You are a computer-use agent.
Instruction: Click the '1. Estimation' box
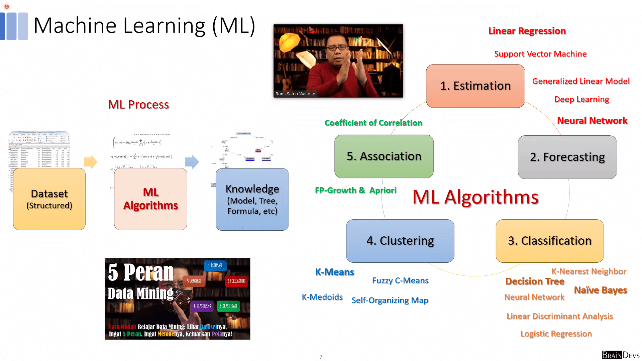pyautogui.click(x=475, y=86)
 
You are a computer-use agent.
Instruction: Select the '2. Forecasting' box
pyautogui.click(x=567, y=157)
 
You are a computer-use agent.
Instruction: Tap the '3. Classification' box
pyautogui.click(x=549, y=241)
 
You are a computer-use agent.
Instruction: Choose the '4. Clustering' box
pyautogui.click(x=400, y=241)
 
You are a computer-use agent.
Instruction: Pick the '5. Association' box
pyautogui.click(x=384, y=156)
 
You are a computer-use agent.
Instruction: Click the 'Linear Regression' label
pyautogui.click(x=527, y=31)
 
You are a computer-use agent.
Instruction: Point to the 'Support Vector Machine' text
pyautogui.click(x=540, y=54)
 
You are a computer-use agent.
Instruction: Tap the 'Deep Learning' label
pyautogui.click(x=581, y=99)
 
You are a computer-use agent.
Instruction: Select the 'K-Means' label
pyautogui.click(x=334, y=272)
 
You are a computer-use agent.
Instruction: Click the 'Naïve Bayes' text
pyautogui.click(x=600, y=290)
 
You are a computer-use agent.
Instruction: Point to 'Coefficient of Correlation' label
pyautogui.click(x=373, y=123)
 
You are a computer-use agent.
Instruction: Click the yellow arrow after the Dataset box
pyautogui.click(x=91, y=162)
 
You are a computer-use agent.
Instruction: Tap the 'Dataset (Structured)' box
pyautogui.click(x=49, y=199)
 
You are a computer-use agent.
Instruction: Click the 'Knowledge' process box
pyautogui.click(x=252, y=199)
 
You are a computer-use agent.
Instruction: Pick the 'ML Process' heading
pyautogui.click(x=138, y=105)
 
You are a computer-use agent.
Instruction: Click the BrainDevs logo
pyautogui.click(x=620, y=355)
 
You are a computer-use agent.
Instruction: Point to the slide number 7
pyautogui.click(x=321, y=357)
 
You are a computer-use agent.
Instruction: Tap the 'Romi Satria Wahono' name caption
pyautogui.click(x=295, y=94)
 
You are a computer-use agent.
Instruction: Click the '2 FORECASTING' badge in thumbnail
pyautogui.click(x=236, y=281)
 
